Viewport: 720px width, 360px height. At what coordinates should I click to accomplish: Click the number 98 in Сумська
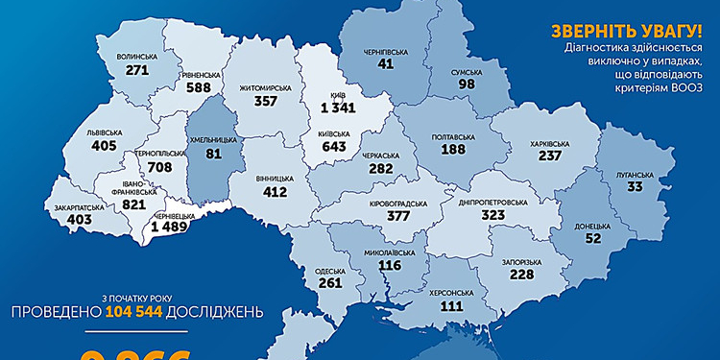pos(468,85)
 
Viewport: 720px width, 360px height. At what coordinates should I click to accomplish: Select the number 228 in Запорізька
pos(521,275)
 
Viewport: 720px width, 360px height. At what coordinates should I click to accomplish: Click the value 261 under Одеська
pos(329,284)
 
